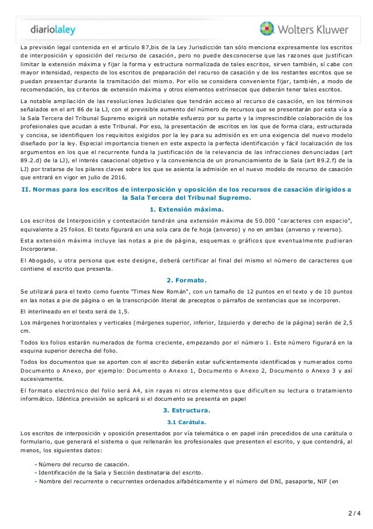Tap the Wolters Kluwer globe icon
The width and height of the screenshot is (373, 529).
point(267,29)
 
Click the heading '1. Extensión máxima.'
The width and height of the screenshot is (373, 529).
point(186,210)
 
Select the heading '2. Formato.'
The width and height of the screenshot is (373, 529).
point(186,279)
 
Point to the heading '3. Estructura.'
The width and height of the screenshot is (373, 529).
point(186,410)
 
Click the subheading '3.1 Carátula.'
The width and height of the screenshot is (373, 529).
point(186,422)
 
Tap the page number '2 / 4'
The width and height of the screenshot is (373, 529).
point(353,515)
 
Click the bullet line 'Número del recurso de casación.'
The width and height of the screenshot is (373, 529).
point(84,464)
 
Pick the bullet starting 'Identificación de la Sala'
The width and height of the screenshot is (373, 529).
point(120,473)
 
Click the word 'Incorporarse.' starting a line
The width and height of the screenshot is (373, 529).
point(36,248)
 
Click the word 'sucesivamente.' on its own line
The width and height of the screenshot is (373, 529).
point(40,379)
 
